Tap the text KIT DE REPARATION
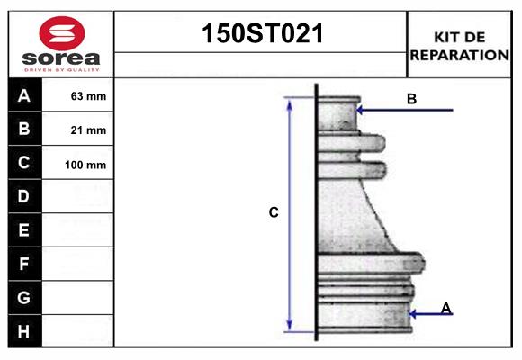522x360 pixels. point(460,46)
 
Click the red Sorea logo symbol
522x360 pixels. point(61,34)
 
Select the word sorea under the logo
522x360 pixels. point(61,59)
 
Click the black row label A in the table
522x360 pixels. point(24,95)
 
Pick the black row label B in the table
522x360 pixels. point(24,129)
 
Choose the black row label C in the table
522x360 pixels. point(24,163)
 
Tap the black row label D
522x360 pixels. point(24,196)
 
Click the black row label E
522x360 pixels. point(24,230)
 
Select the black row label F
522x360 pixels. point(24,264)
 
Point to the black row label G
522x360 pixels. point(24,297)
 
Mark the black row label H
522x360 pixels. point(24,331)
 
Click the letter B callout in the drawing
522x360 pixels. point(411,99)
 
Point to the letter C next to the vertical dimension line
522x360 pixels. point(274,213)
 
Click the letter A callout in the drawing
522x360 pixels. point(445,309)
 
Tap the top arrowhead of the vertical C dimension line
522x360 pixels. point(290,102)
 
